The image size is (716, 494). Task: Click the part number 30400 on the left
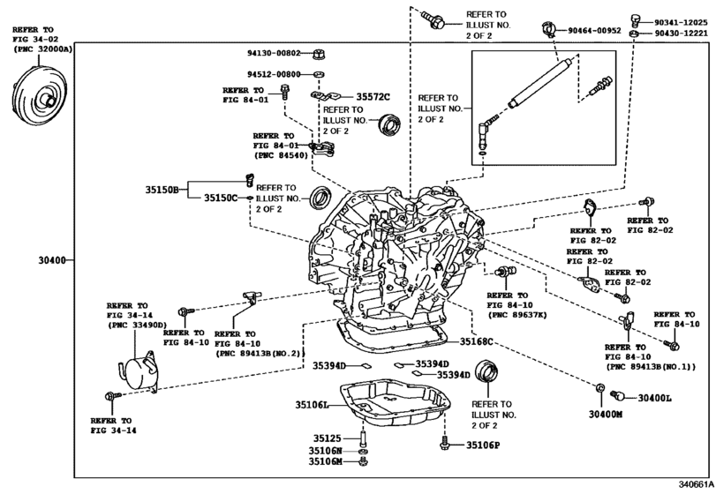coord(52,261)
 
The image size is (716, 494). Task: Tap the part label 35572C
coord(373,97)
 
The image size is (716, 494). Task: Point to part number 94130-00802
coord(274,53)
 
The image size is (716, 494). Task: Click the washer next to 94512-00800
coord(320,74)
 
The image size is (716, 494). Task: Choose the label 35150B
coord(162,190)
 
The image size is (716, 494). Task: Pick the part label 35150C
coord(221,198)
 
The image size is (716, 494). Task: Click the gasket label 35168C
coord(476,341)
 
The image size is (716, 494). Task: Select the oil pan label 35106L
coord(312,405)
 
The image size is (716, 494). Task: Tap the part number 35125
coord(327,438)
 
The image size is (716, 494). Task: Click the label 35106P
coord(483,445)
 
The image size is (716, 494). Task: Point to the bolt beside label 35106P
coord(444,443)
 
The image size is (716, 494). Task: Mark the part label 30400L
coord(655,398)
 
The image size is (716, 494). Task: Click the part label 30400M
coord(606,415)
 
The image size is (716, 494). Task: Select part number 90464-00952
coord(594,31)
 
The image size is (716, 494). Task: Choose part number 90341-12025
coord(681,22)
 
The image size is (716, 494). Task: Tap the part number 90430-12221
coord(681,34)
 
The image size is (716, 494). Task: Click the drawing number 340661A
coord(695,484)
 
